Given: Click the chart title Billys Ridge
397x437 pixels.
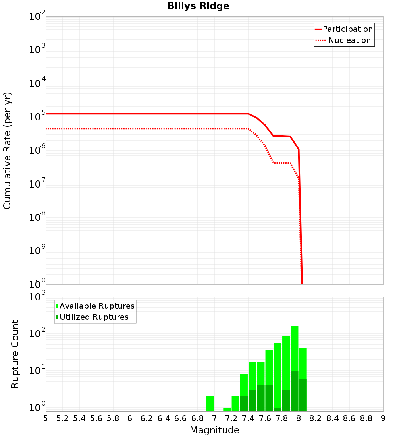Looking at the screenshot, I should pyautogui.click(x=198, y=6).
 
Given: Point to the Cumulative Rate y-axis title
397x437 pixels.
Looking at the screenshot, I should pyautogui.click(x=7, y=151).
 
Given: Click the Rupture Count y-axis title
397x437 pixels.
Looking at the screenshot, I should pyautogui.click(x=15, y=354).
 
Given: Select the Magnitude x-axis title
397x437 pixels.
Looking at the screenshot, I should pyautogui.click(x=214, y=430).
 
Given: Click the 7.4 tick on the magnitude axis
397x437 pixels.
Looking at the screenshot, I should pyautogui.click(x=248, y=418).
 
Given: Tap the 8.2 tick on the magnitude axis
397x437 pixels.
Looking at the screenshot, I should pyautogui.click(x=316, y=418).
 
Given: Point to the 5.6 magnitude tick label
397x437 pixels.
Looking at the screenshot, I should pyautogui.click(x=96, y=418).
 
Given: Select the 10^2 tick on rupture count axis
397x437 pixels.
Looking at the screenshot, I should pyautogui.click(x=37, y=334).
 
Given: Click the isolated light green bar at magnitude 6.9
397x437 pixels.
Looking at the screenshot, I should pyautogui.click(x=210, y=404).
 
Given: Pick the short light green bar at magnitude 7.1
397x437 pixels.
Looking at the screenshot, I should pyautogui.click(x=227, y=409).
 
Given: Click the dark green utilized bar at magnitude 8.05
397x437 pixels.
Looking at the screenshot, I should pyautogui.click(x=303, y=395).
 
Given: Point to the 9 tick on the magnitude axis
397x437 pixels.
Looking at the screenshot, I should pyautogui.click(x=383, y=418).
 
